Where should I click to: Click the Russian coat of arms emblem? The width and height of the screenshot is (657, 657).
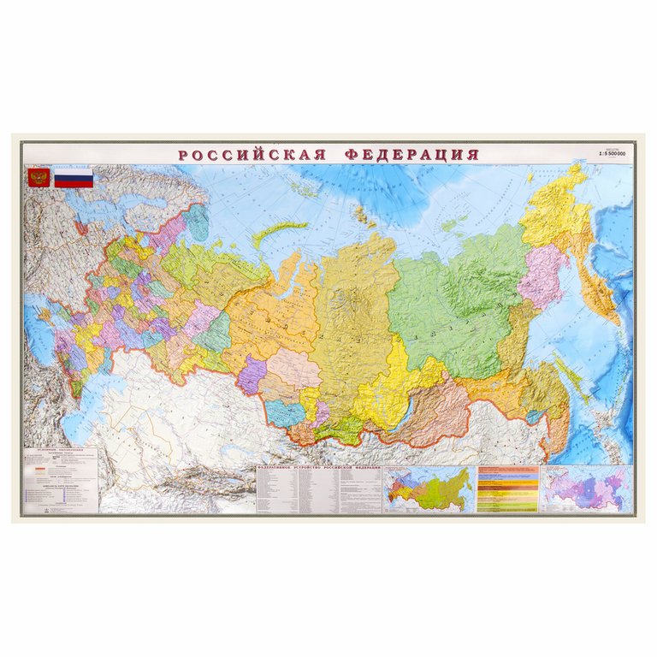coord(37,178)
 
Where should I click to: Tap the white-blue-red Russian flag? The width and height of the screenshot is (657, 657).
coord(74,178)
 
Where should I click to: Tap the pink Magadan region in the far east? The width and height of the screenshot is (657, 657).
coord(541,275)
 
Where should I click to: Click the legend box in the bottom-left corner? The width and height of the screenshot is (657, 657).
coord(61,479)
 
